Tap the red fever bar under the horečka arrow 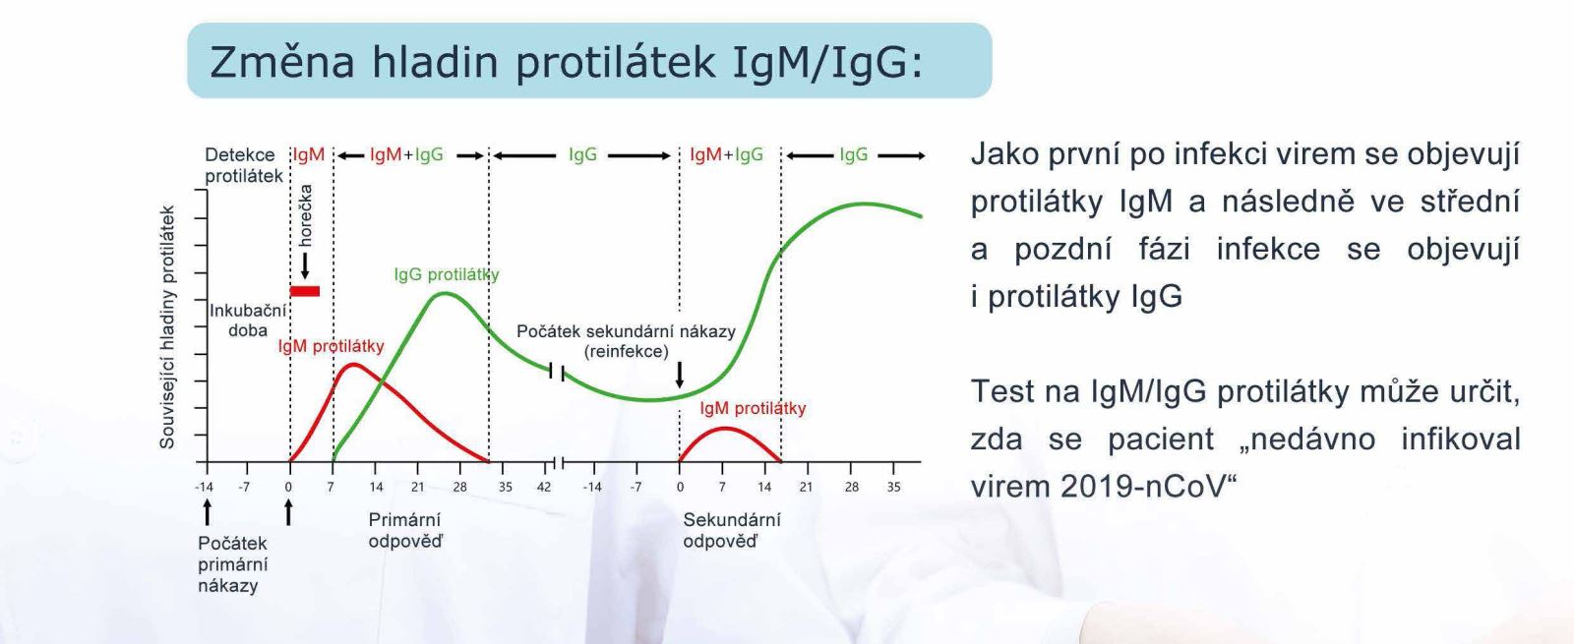click(305, 291)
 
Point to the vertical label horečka click(305, 215)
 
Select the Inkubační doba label click(248, 321)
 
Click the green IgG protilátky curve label click(447, 274)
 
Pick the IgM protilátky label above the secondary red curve click(753, 408)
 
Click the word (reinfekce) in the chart click(626, 351)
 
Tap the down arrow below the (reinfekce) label click(680, 375)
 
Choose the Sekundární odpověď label click(732, 530)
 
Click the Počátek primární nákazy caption click(232, 564)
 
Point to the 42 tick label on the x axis click(544, 487)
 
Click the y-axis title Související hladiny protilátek click(166, 327)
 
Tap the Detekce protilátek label click(244, 165)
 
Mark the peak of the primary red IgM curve click(353, 364)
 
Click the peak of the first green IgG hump click(444, 293)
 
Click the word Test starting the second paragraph click(1004, 391)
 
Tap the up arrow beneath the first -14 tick click(207, 512)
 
